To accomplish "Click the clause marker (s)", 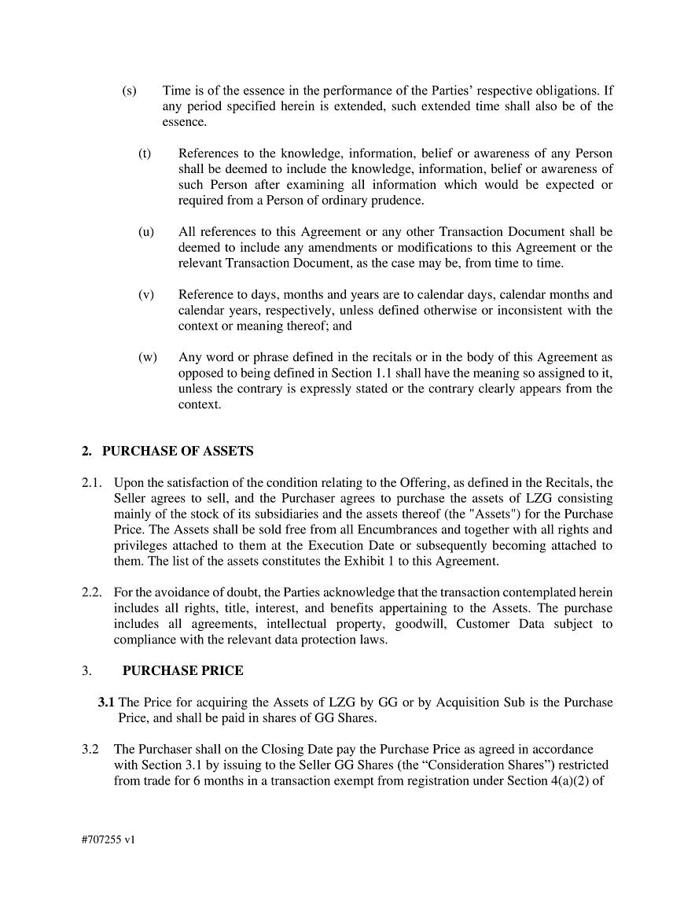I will tap(129, 90).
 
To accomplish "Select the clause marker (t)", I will tap(145, 153).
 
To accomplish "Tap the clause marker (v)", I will tap(145, 295).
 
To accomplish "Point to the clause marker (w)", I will tap(147, 358).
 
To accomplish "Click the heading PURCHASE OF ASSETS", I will tap(178, 452).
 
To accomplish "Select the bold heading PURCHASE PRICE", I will tap(182, 671).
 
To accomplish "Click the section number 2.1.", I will tap(92, 483).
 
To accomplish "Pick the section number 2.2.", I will tap(92, 592).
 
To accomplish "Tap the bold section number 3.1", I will tap(106, 703).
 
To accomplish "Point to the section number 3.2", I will tap(91, 750).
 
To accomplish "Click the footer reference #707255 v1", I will tap(108, 839).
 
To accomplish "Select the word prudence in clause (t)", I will tap(398, 201).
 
